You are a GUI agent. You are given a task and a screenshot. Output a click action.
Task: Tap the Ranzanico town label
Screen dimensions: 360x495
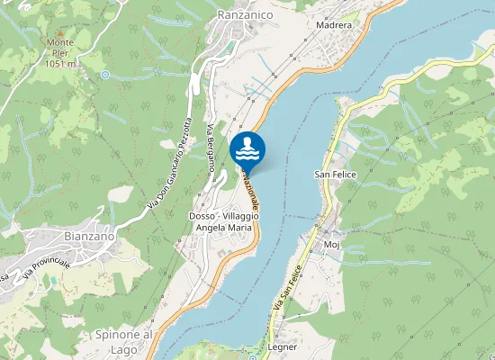coord(246,14)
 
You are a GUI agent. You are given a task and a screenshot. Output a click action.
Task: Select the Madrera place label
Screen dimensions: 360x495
coord(333,25)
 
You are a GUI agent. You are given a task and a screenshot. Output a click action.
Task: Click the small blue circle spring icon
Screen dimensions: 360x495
coord(104,74)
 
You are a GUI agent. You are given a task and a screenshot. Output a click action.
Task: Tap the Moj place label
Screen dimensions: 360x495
coord(330,243)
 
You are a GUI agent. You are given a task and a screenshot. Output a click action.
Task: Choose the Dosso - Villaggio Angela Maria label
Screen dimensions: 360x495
coord(220,222)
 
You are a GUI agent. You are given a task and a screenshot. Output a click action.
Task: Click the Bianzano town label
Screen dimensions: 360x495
coord(90,236)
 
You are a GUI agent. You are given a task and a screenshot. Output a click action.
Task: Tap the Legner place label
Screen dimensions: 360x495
coord(282,346)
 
